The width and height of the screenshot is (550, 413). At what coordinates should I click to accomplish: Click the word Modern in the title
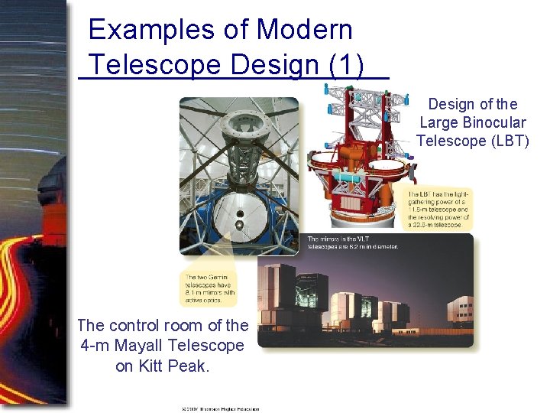click(305, 30)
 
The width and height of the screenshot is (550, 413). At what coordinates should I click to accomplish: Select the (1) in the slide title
click(347, 65)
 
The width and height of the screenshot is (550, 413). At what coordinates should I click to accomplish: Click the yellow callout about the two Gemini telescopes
click(210, 287)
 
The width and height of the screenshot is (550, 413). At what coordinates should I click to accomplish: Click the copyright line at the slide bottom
click(221, 408)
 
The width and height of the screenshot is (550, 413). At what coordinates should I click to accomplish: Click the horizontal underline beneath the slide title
click(234, 78)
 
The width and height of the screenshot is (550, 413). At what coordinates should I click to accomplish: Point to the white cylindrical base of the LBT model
click(358, 213)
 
